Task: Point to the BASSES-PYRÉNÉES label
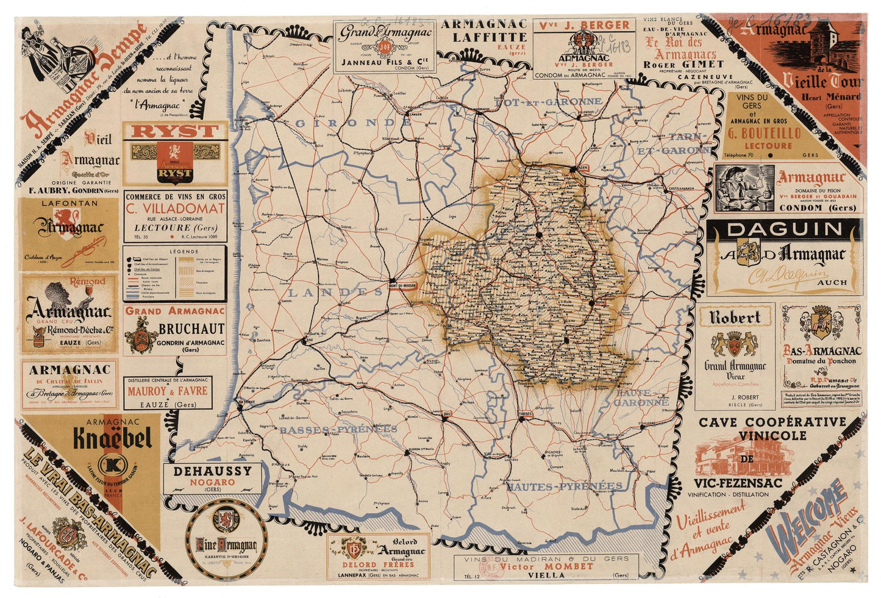pos(338,430)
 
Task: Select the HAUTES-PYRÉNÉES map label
pos(565,486)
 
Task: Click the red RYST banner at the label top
pos(175,131)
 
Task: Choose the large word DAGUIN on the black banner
pos(785,230)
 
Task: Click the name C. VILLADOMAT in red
pos(175,209)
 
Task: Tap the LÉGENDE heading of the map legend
pos(175,251)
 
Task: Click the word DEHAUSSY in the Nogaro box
pos(212,471)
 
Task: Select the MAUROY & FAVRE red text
pos(168,391)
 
